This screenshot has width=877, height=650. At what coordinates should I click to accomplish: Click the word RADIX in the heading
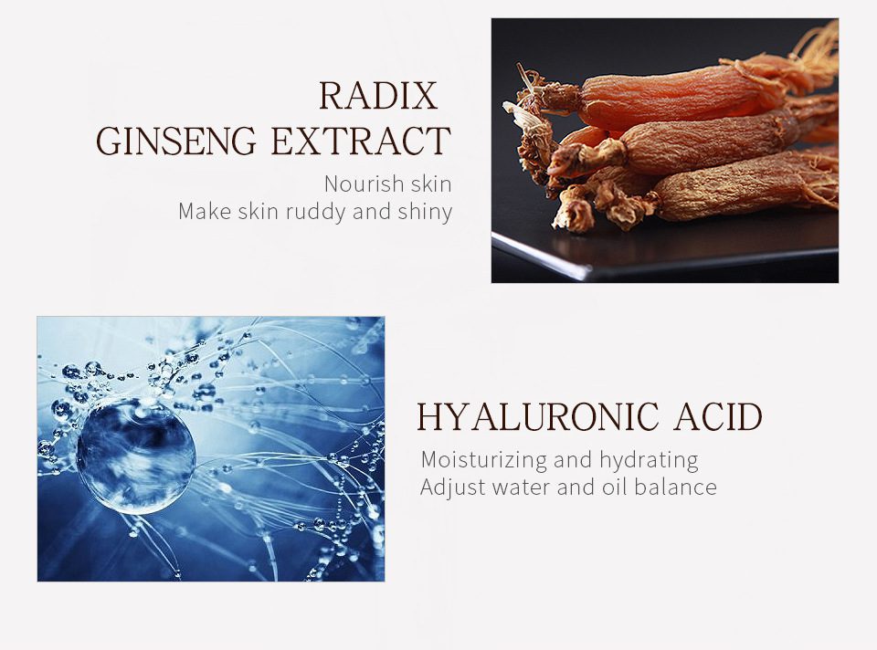point(377,97)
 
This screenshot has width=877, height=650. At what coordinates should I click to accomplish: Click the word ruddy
point(313,212)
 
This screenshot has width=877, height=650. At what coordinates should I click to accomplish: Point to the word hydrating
point(649,459)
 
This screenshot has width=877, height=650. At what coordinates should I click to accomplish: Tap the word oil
point(612,487)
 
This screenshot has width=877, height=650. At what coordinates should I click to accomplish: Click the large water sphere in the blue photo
point(135,455)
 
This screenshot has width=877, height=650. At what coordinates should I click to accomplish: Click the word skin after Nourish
point(430,183)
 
